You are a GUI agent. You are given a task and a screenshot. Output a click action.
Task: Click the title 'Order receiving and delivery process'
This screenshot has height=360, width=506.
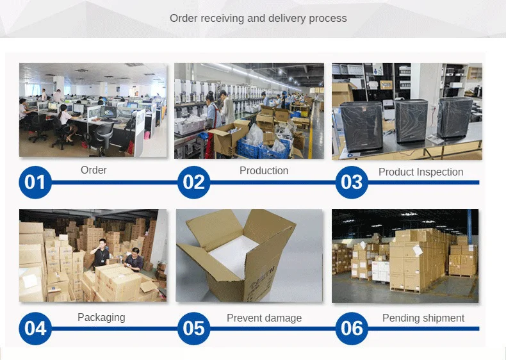[x=258, y=18]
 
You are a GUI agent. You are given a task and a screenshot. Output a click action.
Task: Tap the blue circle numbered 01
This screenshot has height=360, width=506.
[x=36, y=183]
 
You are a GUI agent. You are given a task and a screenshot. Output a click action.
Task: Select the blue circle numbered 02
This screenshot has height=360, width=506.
[x=194, y=183]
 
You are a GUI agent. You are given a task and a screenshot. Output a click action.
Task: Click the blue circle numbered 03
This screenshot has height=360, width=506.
[x=352, y=183]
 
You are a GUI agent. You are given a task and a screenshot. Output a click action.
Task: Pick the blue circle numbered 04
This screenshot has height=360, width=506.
[x=36, y=329]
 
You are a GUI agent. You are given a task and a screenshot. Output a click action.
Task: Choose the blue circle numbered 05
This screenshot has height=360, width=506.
[x=194, y=329]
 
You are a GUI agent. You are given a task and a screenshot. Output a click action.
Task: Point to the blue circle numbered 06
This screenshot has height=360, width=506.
[x=352, y=329]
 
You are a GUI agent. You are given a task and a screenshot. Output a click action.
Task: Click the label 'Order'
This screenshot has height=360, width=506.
[x=94, y=170]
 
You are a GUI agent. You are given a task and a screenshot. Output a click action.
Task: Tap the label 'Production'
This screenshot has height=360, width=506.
[x=264, y=170]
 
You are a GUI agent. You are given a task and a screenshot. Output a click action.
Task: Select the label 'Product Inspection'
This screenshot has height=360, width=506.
[x=421, y=172]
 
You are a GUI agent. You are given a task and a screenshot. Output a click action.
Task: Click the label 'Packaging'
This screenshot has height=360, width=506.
[x=101, y=317]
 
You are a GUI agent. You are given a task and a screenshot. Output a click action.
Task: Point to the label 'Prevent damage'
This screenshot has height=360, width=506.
[x=264, y=318]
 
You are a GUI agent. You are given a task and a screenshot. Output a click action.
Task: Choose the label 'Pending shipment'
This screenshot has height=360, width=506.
[x=423, y=318]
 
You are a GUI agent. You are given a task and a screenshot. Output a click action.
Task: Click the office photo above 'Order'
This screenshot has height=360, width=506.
[x=93, y=110]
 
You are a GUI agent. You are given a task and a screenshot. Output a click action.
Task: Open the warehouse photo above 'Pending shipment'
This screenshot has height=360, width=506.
[x=405, y=255]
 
